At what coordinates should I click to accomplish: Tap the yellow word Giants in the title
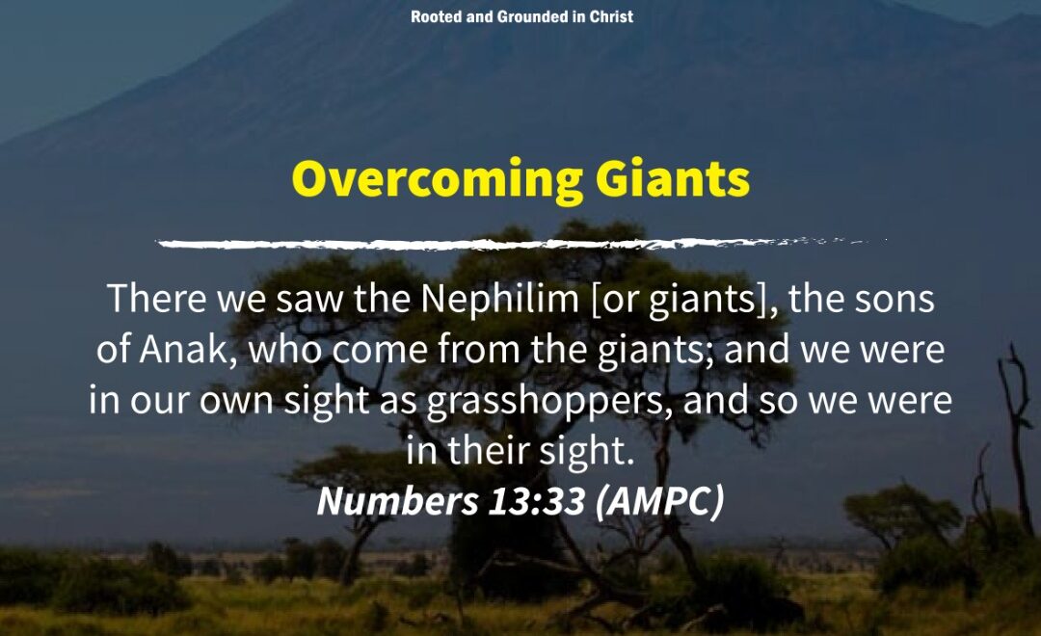coord(673,178)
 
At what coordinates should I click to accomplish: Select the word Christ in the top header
coord(611,16)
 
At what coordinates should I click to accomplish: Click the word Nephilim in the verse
coord(499,299)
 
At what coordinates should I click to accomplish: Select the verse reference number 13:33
coord(537,501)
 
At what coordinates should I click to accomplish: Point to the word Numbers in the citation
coord(397,501)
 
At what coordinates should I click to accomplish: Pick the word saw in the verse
coord(310,300)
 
